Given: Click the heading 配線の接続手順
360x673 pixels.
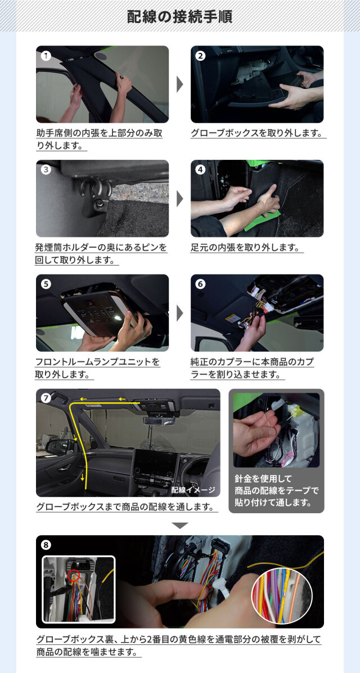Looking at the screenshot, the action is [180, 17].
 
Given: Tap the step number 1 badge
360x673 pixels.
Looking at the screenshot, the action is [46, 56].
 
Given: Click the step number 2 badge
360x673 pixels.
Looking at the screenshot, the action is [201, 56].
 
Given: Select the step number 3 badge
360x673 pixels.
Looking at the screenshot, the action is [46, 169].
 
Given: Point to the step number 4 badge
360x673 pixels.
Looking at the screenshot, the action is [201, 169].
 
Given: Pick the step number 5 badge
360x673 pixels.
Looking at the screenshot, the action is [46, 284].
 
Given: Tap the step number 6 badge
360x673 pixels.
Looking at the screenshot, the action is [201, 284].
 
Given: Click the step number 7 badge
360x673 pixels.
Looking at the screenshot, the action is [46, 398].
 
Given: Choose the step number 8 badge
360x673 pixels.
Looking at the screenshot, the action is [46, 545].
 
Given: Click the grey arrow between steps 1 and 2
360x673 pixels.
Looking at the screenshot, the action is [180, 84].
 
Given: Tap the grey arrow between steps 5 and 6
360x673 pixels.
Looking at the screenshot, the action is [180, 313].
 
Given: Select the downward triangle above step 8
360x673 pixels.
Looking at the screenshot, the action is [180, 526].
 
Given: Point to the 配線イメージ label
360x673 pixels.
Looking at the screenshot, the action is [193, 490].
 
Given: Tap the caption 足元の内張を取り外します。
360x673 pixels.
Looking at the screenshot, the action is [245, 248].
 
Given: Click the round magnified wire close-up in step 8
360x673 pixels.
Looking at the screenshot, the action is [282, 592].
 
